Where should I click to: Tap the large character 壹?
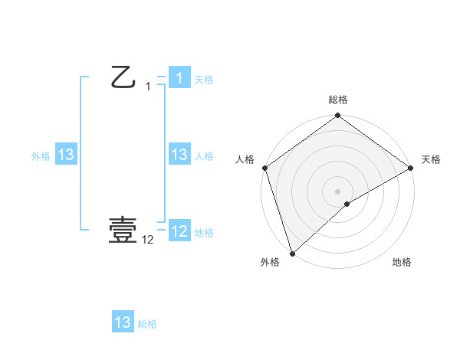[x=123, y=229]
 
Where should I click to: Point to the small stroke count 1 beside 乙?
[x=148, y=87]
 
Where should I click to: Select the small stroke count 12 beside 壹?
[x=148, y=240]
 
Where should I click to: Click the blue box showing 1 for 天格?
[x=179, y=78]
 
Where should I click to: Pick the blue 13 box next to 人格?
[x=179, y=155]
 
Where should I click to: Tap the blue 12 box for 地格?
[x=179, y=231]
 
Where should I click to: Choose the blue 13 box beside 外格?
[x=66, y=155]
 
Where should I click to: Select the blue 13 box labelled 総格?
[x=123, y=322]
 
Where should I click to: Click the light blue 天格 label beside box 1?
[x=203, y=80]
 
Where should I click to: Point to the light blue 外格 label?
[x=41, y=156]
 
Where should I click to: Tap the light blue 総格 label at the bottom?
[x=147, y=324]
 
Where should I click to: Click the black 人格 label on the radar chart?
[x=245, y=159]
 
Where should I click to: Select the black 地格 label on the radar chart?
[x=402, y=262]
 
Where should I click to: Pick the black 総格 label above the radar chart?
[x=338, y=100]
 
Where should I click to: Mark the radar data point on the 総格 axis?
[x=338, y=116]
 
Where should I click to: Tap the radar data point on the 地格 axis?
[x=347, y=204]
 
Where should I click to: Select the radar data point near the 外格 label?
[x=292, y=254]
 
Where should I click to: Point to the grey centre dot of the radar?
[x=337, y=191]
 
